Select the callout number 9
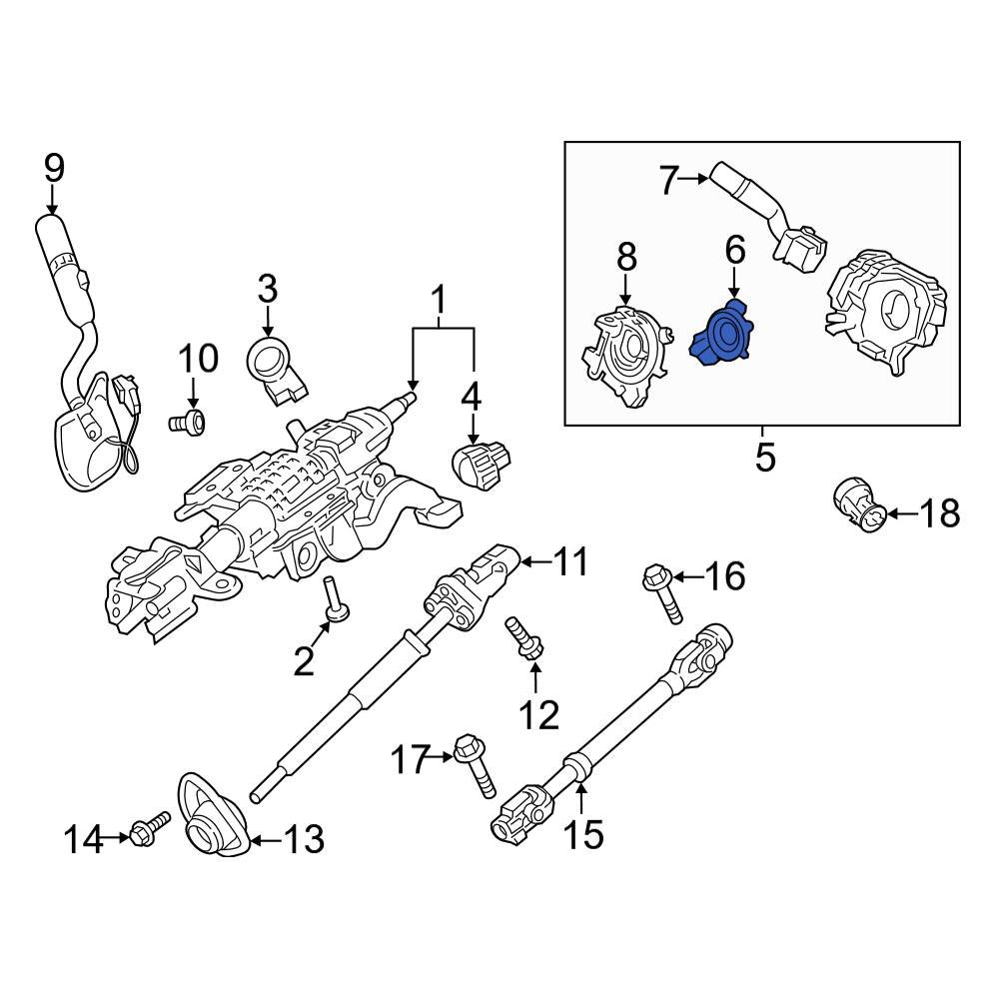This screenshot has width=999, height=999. tap(53, 168)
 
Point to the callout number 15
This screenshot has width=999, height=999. tap(583, 833)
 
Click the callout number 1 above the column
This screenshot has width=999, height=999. tap(437, 297)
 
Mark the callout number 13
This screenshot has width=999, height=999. tap(302, 840)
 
